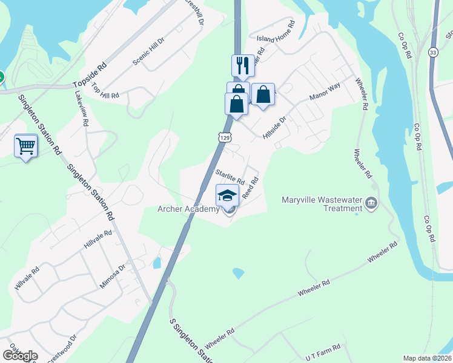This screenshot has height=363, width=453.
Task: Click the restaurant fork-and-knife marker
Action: pyautogui.click(x=242, y=66)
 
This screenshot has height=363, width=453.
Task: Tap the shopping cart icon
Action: pyautogui.click(x=25, y=145)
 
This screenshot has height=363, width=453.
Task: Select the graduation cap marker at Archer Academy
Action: pyautogui.click(x=227, y=195)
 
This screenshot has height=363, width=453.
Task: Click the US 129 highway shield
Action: pyautogui.click(x=225, y=138)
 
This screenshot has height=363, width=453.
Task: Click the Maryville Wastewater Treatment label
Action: pyautogui.click(x=322, y=204)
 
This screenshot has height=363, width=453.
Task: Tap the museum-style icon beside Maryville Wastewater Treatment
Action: pyautogui.click(x=372, y=204)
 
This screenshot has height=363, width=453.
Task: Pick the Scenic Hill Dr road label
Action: pyautogui.click(x=148, y=56)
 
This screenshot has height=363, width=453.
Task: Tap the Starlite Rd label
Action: pyautogui.click(x=230, y=177)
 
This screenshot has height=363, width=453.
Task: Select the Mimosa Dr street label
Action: pyautogui.click(x=113, y=275)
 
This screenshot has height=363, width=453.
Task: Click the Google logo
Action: pyautogui.click(x=20, y=355)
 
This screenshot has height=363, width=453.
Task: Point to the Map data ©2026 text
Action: pyautogui.click(x=427, y=358)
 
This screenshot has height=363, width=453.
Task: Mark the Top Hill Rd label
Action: pyautogui.click(x=105, y=91)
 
